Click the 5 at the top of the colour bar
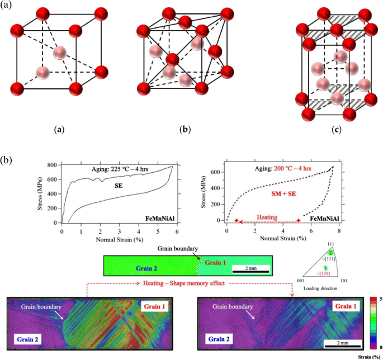pos(380,300)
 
